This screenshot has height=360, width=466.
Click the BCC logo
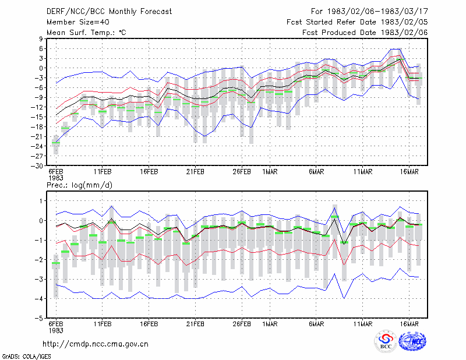click(386, 342)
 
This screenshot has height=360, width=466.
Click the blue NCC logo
click(413, 341)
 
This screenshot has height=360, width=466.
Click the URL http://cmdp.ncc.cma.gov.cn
click(96, 344)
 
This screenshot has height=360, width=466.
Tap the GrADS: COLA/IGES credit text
click(26, 357)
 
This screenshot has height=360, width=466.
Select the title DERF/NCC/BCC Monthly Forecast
click(109, 12)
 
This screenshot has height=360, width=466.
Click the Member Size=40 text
click(78, 22)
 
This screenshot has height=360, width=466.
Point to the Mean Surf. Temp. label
click(86, 33)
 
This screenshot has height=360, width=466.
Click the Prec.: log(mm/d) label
click(79, 185)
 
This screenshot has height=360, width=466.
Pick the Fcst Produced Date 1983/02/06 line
click(365, 33)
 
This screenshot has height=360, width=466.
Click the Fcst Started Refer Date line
click(357, 22)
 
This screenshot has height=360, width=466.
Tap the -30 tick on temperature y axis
click(37, 166)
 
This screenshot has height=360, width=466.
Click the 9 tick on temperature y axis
click(41, 38)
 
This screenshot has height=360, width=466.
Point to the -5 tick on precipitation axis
click(39, 319)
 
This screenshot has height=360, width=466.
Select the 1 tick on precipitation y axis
click(41, 201)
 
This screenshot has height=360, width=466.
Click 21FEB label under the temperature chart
click(195, 172)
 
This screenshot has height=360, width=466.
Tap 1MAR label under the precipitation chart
click(270, 324)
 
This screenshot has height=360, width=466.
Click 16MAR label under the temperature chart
click(409, 172)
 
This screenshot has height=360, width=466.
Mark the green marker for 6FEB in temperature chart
click(56, 143)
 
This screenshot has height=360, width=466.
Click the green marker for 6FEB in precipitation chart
click(56, 263)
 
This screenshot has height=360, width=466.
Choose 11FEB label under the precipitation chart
click(103, 324)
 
